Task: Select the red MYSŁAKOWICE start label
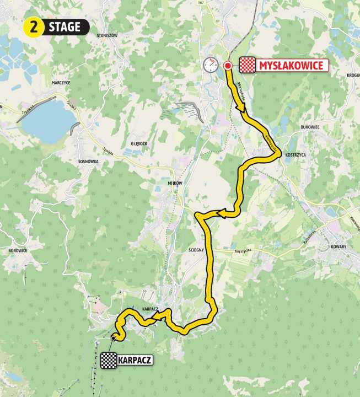(291, 66)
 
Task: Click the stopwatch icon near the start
(210, 65)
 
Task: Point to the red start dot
(227, 66)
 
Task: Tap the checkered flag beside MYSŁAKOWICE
(247, 66)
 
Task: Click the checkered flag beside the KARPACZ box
(108, 361)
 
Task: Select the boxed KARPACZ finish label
(135, 361)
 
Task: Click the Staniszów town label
(107, 35)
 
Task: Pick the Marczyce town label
(60, 83)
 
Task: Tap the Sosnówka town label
(88, 163)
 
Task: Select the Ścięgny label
(196, 250)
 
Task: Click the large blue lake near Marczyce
(47, 119)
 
